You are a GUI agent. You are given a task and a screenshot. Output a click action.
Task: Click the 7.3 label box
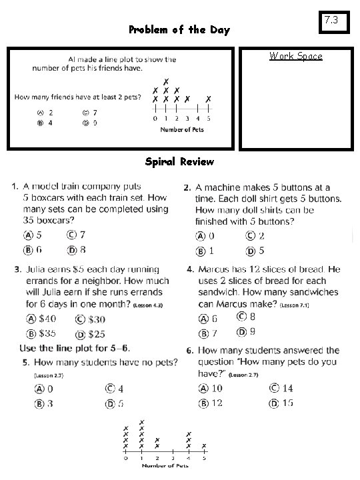click(333, 23)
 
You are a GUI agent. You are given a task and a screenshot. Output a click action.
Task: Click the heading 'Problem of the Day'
click(179, 30)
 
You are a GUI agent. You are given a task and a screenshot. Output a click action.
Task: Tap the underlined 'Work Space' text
click(295, 56)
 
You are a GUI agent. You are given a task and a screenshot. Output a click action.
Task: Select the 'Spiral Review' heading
click(179, 161)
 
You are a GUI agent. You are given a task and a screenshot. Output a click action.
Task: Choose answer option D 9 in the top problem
click(90, 123)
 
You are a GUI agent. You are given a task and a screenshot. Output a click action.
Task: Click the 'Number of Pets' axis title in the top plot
click(181, 129)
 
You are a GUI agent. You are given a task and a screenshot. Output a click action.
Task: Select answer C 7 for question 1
click(76, 235)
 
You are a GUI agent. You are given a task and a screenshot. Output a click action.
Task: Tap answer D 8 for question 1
click(76, 250)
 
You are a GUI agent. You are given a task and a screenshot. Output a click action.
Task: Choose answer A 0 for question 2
click(205, 236)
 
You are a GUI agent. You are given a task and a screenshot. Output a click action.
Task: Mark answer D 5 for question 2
click(255, 251)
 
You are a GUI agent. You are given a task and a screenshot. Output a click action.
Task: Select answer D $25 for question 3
click(90, 333)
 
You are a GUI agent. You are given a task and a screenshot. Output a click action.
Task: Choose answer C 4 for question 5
click(114, 389)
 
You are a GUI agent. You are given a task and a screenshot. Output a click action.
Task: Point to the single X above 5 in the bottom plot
click(203, 446)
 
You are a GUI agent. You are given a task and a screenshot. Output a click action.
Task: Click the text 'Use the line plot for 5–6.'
click(75, 349)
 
